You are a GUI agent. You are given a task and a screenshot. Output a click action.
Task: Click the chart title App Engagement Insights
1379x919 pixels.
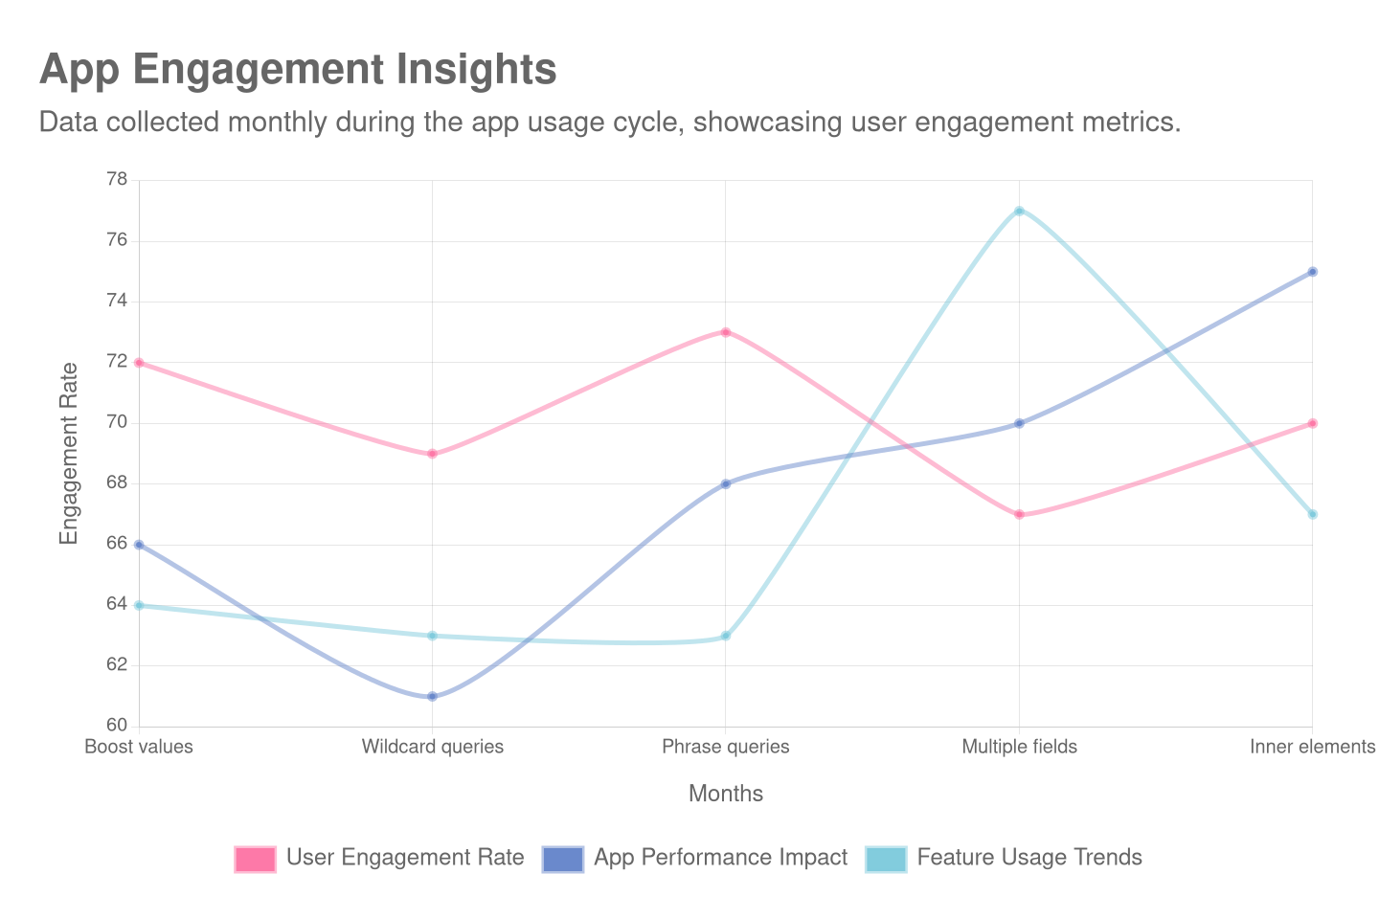tap(298, 70)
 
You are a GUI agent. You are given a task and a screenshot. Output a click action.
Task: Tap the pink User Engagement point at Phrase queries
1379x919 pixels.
tap(726, 332)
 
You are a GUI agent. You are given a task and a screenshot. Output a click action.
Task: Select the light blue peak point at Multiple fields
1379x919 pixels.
tap(1019, 211)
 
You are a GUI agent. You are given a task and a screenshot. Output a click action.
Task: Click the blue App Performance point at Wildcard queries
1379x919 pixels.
tap(433, 696)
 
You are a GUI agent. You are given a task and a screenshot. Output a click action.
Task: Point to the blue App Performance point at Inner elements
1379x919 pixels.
tap(1312, 272)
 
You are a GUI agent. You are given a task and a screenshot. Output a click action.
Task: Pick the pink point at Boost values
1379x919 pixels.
tap(140, 363)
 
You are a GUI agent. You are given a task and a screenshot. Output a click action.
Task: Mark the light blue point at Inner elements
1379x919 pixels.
tap(1312, 514)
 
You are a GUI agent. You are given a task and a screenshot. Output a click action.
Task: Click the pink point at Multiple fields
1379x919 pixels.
tap(1019, 514)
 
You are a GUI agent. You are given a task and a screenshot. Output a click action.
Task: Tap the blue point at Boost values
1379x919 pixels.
tap(140, 545)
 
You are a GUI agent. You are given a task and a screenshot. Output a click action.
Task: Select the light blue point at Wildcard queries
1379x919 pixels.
tap(433, 636)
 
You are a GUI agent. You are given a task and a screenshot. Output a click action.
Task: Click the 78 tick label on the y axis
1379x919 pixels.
tap(116, 180)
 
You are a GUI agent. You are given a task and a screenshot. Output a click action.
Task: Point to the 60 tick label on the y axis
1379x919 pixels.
tap(116, 725)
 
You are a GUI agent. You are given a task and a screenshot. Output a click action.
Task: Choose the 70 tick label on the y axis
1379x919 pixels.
tap(116, 422)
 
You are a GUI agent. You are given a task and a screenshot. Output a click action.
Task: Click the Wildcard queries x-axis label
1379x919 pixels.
tap(433, 747)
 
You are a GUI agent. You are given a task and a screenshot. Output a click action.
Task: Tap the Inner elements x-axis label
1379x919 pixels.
tap(1311, 747)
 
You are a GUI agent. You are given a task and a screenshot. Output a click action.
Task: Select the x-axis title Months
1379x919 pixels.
tap(726, 794)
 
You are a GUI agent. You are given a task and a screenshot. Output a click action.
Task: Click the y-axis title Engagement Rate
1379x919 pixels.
tap(68, 453)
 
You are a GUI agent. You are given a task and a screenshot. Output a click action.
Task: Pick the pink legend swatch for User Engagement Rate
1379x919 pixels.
tap(255, 859)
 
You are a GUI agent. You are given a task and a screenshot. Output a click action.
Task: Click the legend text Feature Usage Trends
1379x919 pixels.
tap(1029, 858)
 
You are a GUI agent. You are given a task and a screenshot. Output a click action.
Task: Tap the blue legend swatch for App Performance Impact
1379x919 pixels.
tap(562, 859)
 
